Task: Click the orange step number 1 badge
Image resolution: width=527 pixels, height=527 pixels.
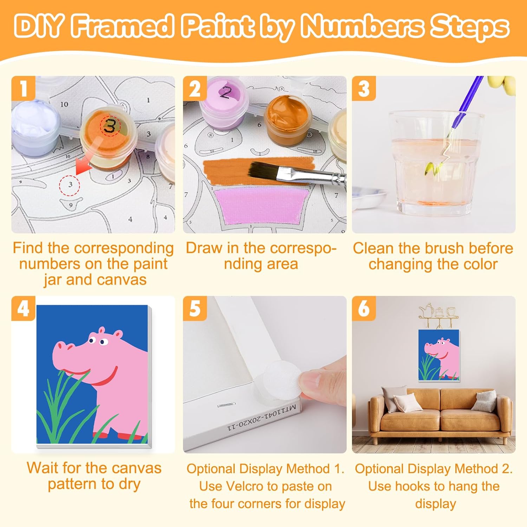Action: [23, 88]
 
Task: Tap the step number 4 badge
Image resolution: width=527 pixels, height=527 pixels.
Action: [23, 308]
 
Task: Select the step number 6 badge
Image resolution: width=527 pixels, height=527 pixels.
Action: [364, 308]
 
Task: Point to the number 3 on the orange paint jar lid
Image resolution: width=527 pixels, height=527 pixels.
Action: [110, 125]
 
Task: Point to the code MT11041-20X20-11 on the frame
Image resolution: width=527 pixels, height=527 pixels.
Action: [262, 418]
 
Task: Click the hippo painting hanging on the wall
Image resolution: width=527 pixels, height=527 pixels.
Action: [439, 355]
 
